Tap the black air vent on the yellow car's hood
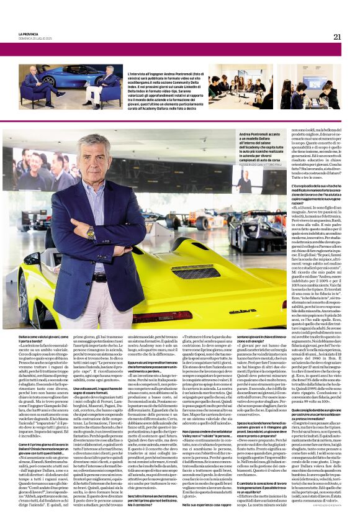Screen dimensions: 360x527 [196, 271]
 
